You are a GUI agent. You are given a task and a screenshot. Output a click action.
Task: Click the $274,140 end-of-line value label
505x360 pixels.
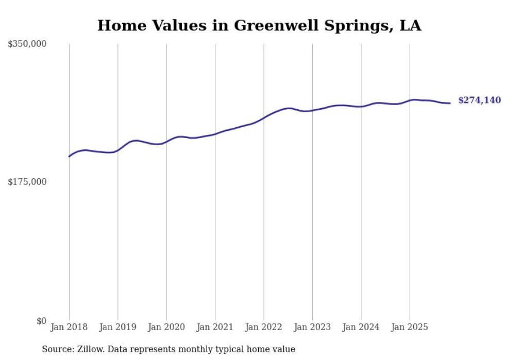coord(479,100)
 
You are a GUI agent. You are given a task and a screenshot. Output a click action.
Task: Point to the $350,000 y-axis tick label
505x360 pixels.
coord(27,44)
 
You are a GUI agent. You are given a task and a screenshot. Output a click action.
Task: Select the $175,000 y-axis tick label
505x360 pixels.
coord(27,182)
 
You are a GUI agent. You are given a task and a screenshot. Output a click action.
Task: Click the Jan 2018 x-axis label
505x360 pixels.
coord(69,327)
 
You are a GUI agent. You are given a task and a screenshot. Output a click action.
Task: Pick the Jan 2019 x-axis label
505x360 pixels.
coord(117,327)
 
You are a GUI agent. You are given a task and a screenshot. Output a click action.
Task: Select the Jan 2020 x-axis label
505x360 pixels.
coord(166,327)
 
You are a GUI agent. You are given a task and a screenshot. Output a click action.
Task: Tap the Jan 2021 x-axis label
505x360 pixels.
coord(215,327)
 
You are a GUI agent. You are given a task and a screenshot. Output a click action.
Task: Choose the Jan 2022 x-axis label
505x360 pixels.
coord(264,327)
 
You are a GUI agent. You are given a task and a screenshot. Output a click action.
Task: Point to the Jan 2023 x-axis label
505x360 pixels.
coord(312,327)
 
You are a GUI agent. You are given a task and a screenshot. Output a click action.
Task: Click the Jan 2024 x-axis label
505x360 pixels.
coord(361,327)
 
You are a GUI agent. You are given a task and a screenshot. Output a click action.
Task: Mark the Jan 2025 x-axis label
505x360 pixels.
coord(410,327)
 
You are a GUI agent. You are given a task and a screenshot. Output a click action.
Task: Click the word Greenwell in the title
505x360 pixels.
coord(269,26)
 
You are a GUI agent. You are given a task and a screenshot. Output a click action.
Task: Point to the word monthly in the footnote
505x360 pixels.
coord(209,349)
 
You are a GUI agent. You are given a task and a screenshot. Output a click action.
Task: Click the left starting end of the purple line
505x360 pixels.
coord(69,156)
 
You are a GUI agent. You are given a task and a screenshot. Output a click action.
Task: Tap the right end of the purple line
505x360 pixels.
coord(450,103)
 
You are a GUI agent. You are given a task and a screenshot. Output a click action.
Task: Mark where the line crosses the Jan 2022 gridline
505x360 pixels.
coord(264,117)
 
